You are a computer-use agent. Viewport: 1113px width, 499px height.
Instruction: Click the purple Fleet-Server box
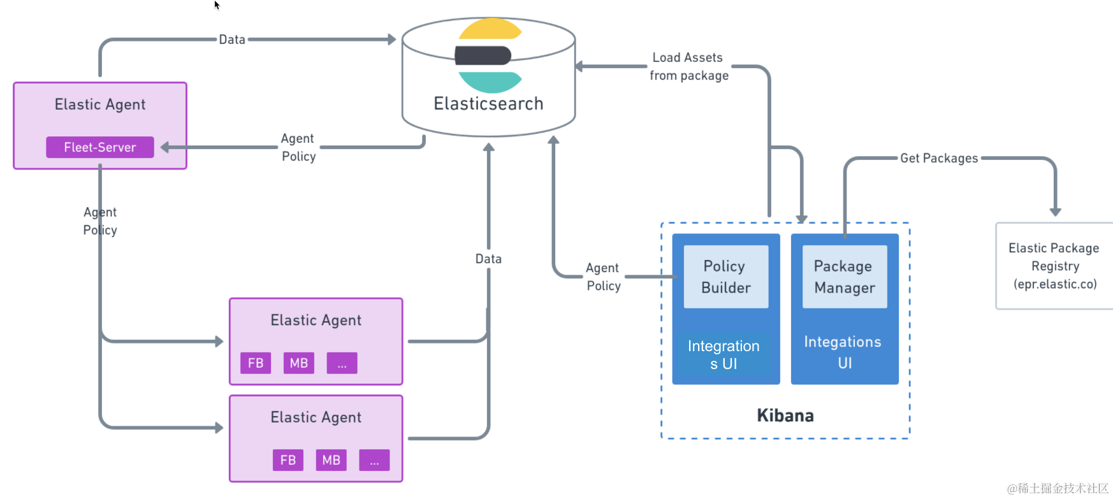(100, 147)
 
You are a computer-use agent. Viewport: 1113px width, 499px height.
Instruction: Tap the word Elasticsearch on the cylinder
(488, 104)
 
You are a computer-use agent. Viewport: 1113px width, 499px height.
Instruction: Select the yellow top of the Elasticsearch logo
(490, 29)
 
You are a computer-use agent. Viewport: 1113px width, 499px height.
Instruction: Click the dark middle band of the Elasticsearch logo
(483, 55)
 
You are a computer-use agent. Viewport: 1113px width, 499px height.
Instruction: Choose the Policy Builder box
(726, 277)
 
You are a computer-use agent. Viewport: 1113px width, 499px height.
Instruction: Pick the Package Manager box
(845, 277)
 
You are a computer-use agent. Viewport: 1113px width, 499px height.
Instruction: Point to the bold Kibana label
(785, 416)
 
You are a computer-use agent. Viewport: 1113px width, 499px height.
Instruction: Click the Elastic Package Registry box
(1054, 266)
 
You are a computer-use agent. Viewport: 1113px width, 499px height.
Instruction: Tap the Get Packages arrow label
(939, 158)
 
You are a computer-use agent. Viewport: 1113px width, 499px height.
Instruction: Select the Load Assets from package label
(688, 66)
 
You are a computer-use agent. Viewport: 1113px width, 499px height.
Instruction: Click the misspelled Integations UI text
(843, 352)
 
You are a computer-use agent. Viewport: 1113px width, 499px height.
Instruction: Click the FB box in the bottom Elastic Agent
(288, 460)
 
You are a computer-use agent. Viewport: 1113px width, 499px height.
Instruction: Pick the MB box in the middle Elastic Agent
(299, 363)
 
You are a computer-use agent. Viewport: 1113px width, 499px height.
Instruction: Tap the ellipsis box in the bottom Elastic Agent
(374, 460)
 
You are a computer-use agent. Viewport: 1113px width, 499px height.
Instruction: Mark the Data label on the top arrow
(232, 40)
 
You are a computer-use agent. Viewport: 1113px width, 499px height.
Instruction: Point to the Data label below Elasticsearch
(488, 259)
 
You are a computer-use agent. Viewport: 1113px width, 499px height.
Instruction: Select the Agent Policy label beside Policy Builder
(603, 277)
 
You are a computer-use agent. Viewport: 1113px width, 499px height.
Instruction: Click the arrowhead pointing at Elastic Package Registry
(1056, 212)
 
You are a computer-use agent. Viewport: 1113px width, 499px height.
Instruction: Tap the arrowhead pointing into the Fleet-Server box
(165, 147)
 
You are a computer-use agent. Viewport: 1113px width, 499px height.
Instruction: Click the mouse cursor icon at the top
(217, 5)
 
